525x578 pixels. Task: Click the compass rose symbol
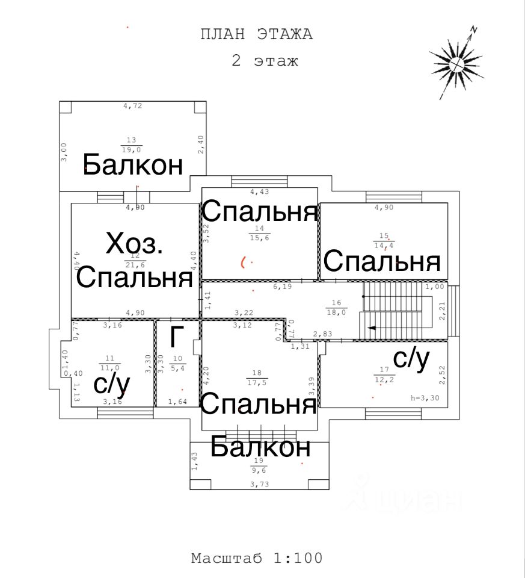coord(456,62)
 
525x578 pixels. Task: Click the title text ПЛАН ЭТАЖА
coord(257,34)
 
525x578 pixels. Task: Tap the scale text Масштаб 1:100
coord(257,558)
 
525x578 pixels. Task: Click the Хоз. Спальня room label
coord(135,260)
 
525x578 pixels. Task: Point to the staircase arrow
coord(374,328)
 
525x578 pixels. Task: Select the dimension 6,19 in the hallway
coord(282,287)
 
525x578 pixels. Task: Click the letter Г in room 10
coord(174,338)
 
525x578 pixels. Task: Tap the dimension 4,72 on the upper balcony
coord(132,106)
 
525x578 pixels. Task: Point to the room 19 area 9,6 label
coord(260,465)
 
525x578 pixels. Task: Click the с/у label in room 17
coord(411,358)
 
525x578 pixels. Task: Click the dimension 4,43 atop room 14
coord(260,192)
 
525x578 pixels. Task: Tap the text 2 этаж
coord(265,61)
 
